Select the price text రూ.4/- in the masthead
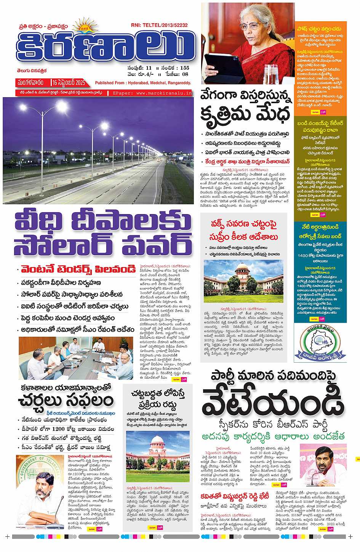(x=146, y=74)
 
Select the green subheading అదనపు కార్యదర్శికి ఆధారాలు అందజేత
(x=273, y=437)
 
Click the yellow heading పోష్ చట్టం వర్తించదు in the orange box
(x=319, y=29)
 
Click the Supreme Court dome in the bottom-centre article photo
(x=157, y=442)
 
